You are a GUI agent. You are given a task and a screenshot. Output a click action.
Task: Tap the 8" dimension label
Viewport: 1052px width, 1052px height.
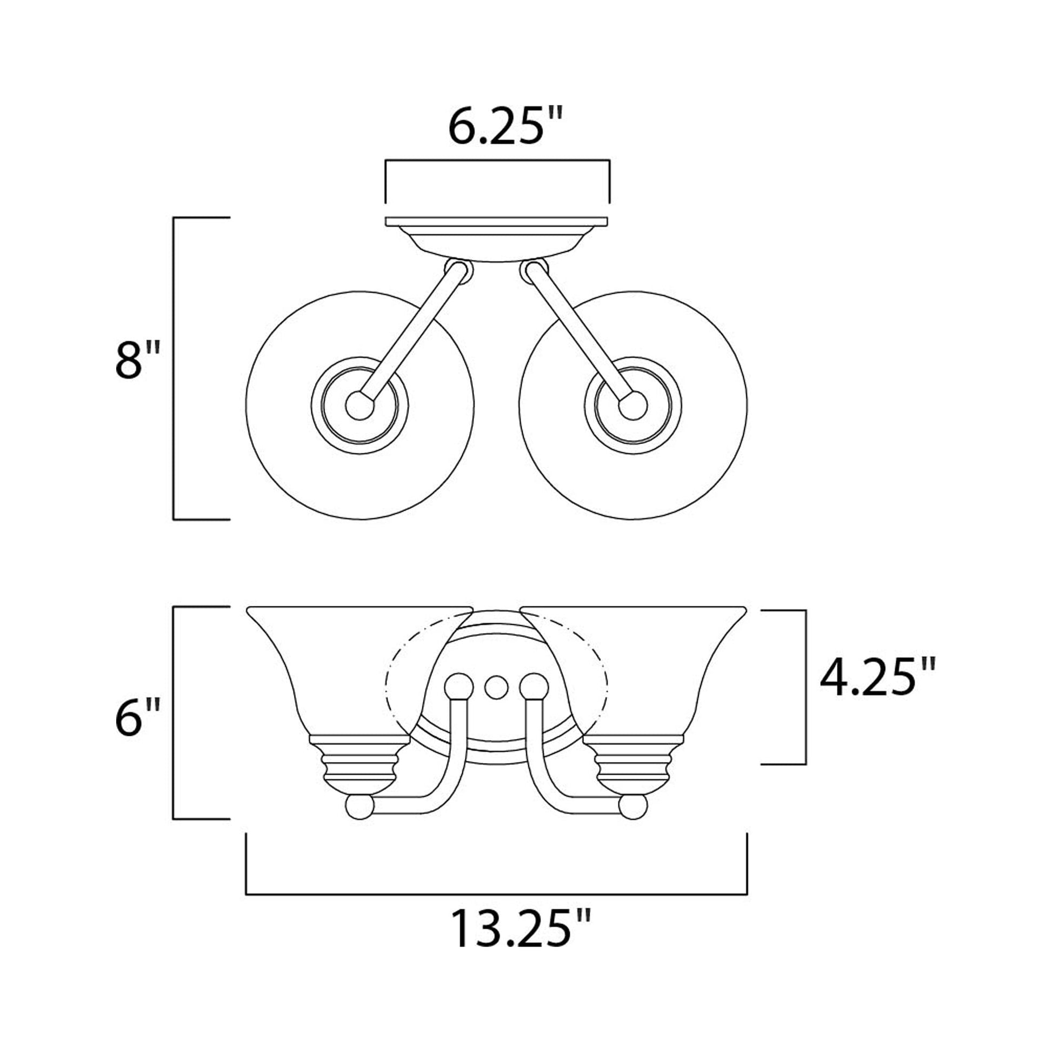click(137, 361)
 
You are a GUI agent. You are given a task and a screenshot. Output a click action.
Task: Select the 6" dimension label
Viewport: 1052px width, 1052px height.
click(137, 718)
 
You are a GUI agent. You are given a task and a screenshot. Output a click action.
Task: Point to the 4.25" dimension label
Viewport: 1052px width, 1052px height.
click(877, 677)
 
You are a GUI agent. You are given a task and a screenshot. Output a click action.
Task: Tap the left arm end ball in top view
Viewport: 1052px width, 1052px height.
click(359, 405)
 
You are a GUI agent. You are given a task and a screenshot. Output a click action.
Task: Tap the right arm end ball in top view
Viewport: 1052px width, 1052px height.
click(633, 405)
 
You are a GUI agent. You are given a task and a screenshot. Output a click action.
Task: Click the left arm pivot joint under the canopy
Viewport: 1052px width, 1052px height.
click(458, 271)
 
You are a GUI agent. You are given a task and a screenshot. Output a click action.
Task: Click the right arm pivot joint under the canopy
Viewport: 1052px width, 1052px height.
click(534, 271)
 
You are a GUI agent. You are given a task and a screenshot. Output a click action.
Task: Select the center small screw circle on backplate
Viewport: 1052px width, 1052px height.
click(496, 687)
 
